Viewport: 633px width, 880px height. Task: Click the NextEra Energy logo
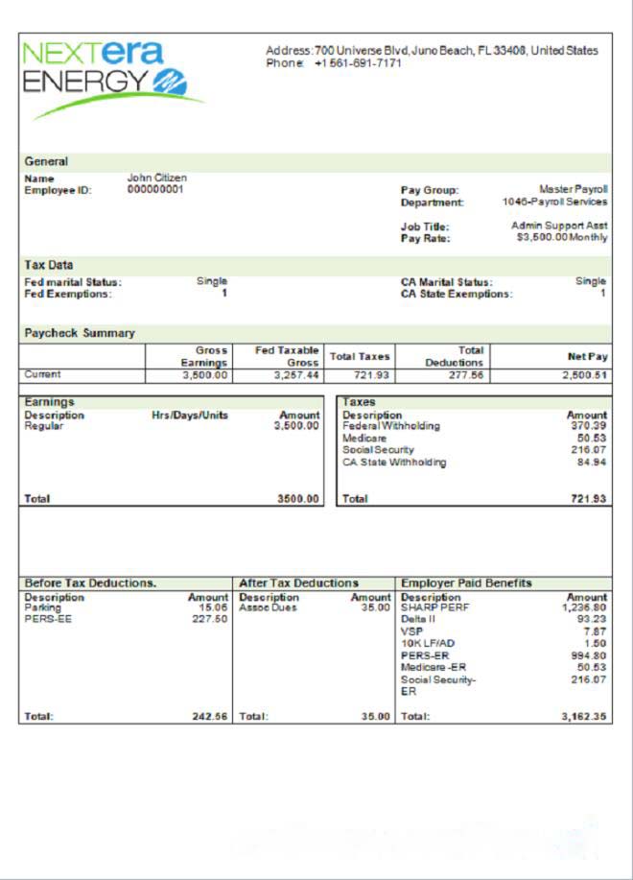click(110, 77)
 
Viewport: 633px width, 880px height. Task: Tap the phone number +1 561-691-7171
click(358, 62)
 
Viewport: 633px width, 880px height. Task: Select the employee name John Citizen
click(157, 178)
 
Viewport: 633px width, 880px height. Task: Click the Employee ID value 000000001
click(155, 189)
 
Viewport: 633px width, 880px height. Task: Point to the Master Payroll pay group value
click(573, 190)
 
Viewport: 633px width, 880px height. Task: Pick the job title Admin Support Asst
click(559, 226)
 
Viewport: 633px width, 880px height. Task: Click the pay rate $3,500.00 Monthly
click(561, 237)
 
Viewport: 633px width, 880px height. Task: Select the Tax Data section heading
click(49, 264)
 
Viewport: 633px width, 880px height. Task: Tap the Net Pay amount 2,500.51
click(586, 375)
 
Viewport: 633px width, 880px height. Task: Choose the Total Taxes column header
click(360, 356)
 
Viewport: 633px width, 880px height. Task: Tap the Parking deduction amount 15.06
click(212, 607)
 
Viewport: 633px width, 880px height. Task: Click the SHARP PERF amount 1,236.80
click(584, 607)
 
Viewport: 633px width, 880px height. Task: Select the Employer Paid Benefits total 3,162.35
click(584, 716)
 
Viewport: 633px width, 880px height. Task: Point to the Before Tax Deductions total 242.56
click(210, 716)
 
